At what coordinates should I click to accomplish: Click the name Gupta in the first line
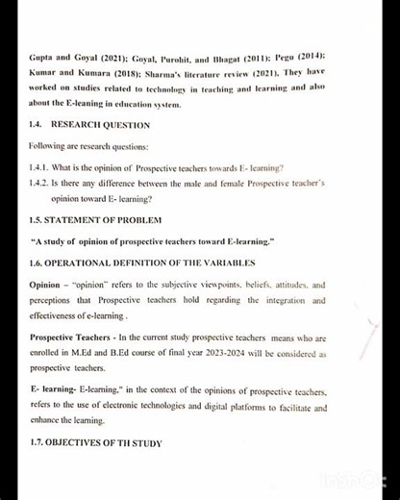42,59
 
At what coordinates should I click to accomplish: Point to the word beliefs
251,286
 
